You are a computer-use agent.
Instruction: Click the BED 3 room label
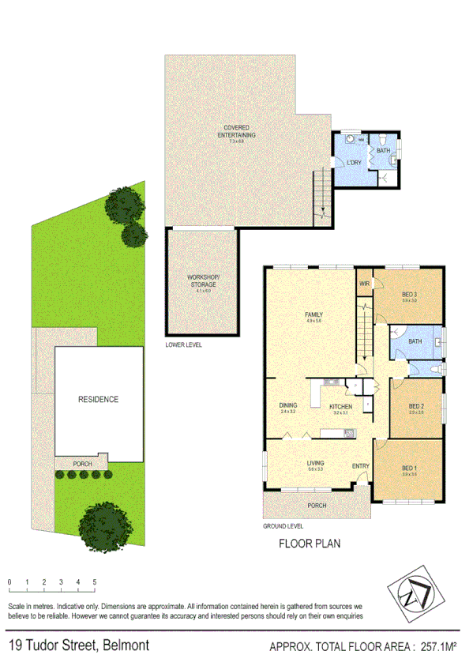tap(409, 294)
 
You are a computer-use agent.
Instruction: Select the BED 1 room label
tap(409, 468)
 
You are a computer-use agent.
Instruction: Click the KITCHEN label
tap(341, 406)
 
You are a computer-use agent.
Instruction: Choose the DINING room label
tap(287, 406)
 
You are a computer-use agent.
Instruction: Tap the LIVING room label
tap(316, 463)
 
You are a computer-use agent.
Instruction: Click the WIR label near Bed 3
tap(365, 284)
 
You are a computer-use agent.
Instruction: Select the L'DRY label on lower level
tap(353, 163)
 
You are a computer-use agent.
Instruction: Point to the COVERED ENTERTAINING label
tap(236, 130)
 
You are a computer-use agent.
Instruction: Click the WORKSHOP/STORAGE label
tap(204, 280)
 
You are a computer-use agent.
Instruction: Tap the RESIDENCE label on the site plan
tap(98, 399)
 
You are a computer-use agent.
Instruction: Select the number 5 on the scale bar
tap(95, 582)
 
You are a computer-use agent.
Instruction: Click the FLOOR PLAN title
tap(310, 544)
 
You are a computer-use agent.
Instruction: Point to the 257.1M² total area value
tap(439, 647)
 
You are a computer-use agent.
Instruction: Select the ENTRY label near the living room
tap(360, 466)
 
